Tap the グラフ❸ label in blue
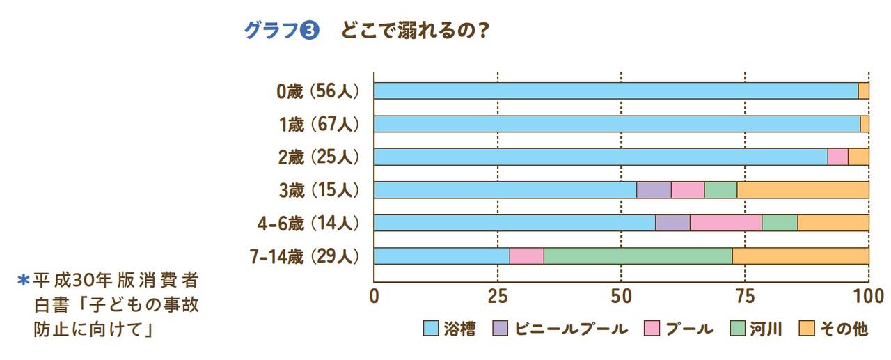tap(281, 32)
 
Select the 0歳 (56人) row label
tap(317, 91)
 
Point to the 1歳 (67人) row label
tap(317, 124)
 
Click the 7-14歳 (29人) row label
tap(306, 256)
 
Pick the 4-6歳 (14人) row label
tap(308, 223)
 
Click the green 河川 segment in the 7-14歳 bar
tap(638, 256)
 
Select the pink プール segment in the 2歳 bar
tap(837, 157)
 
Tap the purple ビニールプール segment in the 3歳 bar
tap(654, 189)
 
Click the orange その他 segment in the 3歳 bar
tap(803, 189)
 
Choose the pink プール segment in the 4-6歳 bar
tap(725, 223)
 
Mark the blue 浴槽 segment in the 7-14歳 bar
tap(441, 256)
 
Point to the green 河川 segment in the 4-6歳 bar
tap(780, 223)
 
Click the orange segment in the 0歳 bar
tap(863, 91)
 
